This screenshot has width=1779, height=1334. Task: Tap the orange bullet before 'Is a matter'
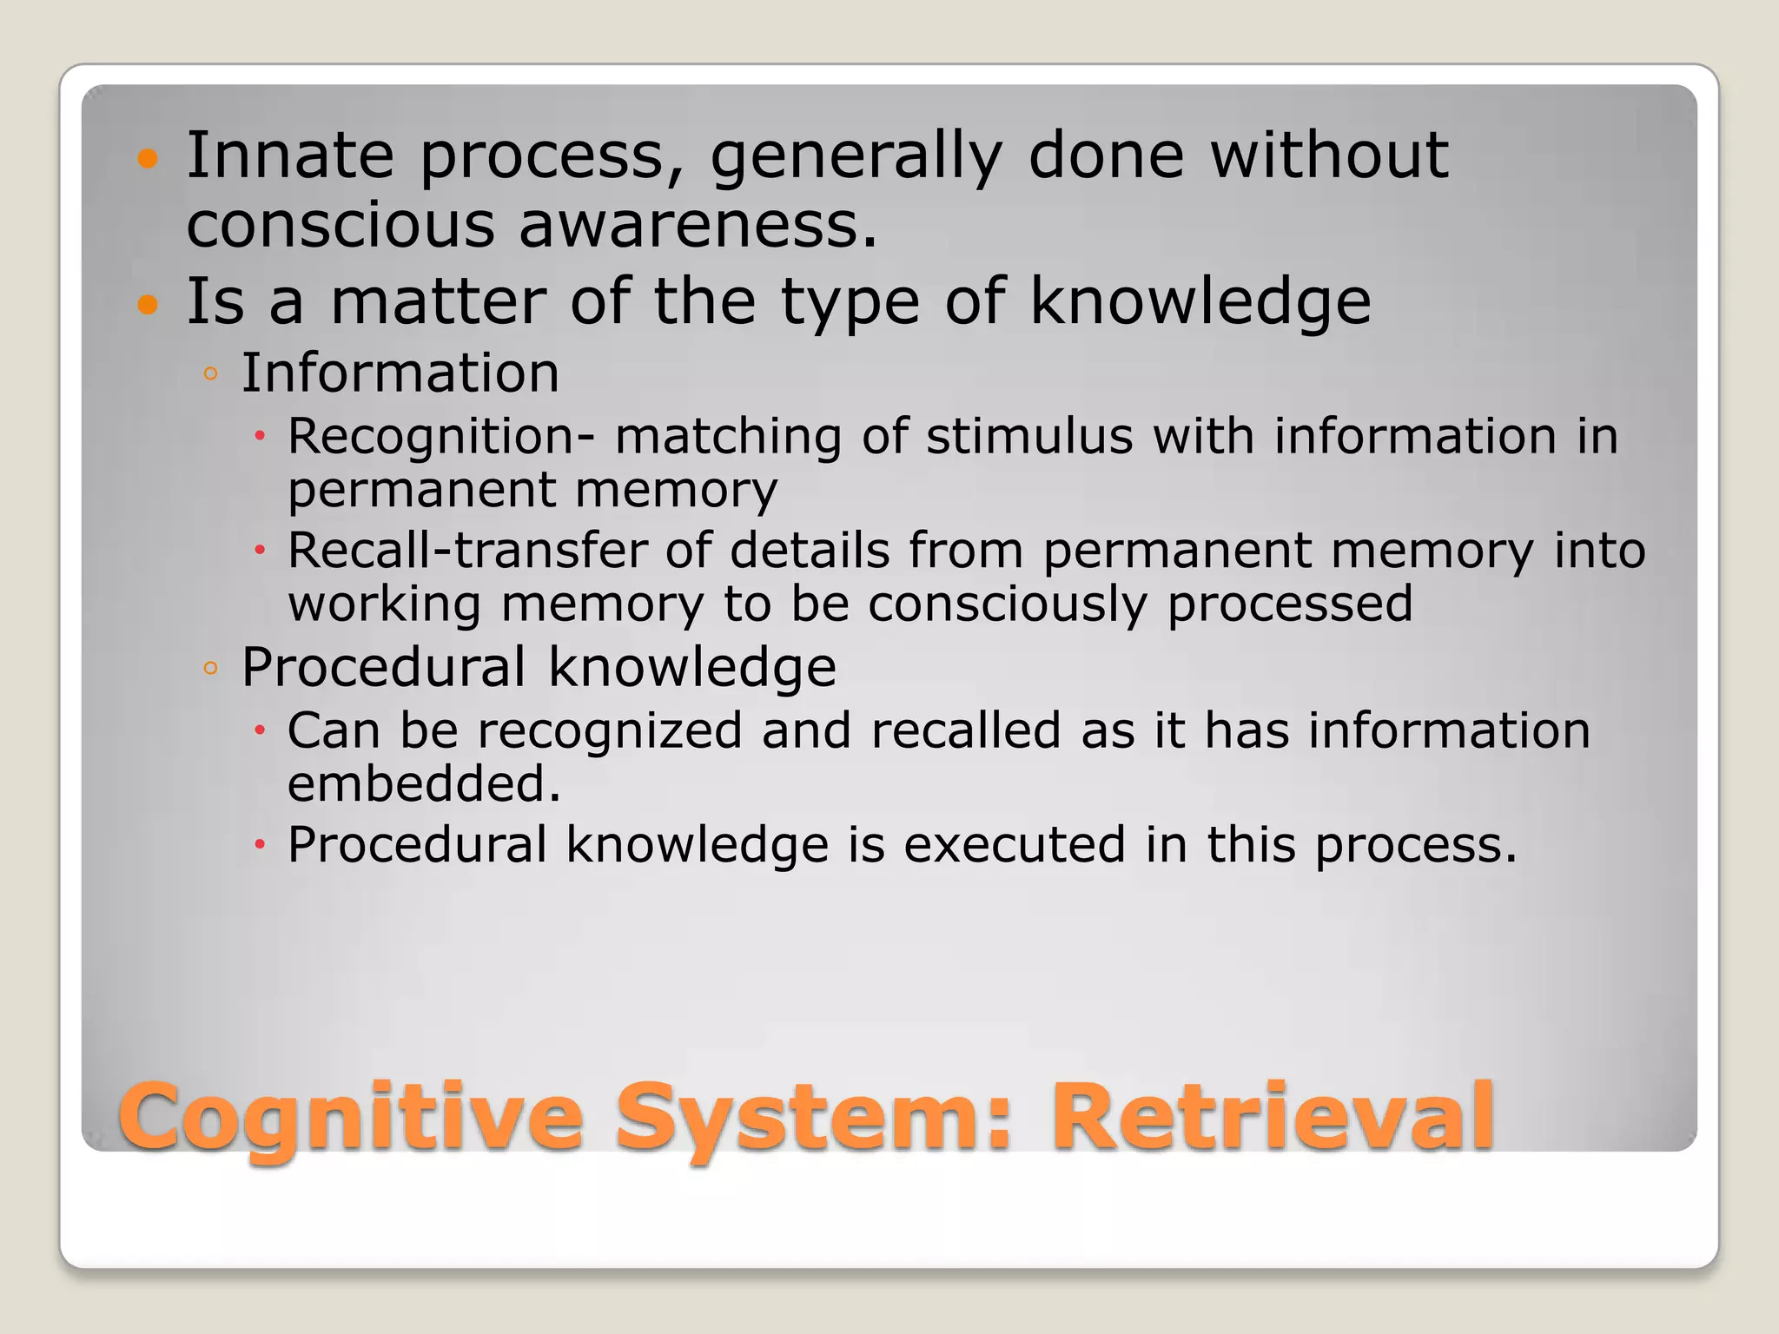click(x=149, y=305)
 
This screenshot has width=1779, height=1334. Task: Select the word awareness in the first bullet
click(x=698, y=225)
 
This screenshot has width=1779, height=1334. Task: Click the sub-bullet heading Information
click(x=400, y=373)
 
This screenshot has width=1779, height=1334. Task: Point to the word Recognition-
click(x=441, y=436)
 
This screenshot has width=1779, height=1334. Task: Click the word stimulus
click(x=1028, y=436)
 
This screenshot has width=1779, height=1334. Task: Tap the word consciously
click(x=1007, y=604)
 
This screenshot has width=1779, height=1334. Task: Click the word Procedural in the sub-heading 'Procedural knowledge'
click(x=383, y=667)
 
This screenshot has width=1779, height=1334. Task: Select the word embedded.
click(x=423, y=784)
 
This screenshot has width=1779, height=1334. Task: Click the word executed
click(x=1014, y=844)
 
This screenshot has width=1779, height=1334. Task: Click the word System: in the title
click(x=815, y=1118)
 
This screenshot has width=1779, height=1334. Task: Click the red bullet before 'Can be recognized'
click(x=259, y=731)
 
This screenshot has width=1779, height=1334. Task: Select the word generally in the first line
click(x=856, y=156)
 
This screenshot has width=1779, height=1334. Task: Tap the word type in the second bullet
click(x=850, y=303)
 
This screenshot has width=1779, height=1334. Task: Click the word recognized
click(x=610, y=730)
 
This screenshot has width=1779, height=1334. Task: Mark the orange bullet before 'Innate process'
click(x=149, y=159)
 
